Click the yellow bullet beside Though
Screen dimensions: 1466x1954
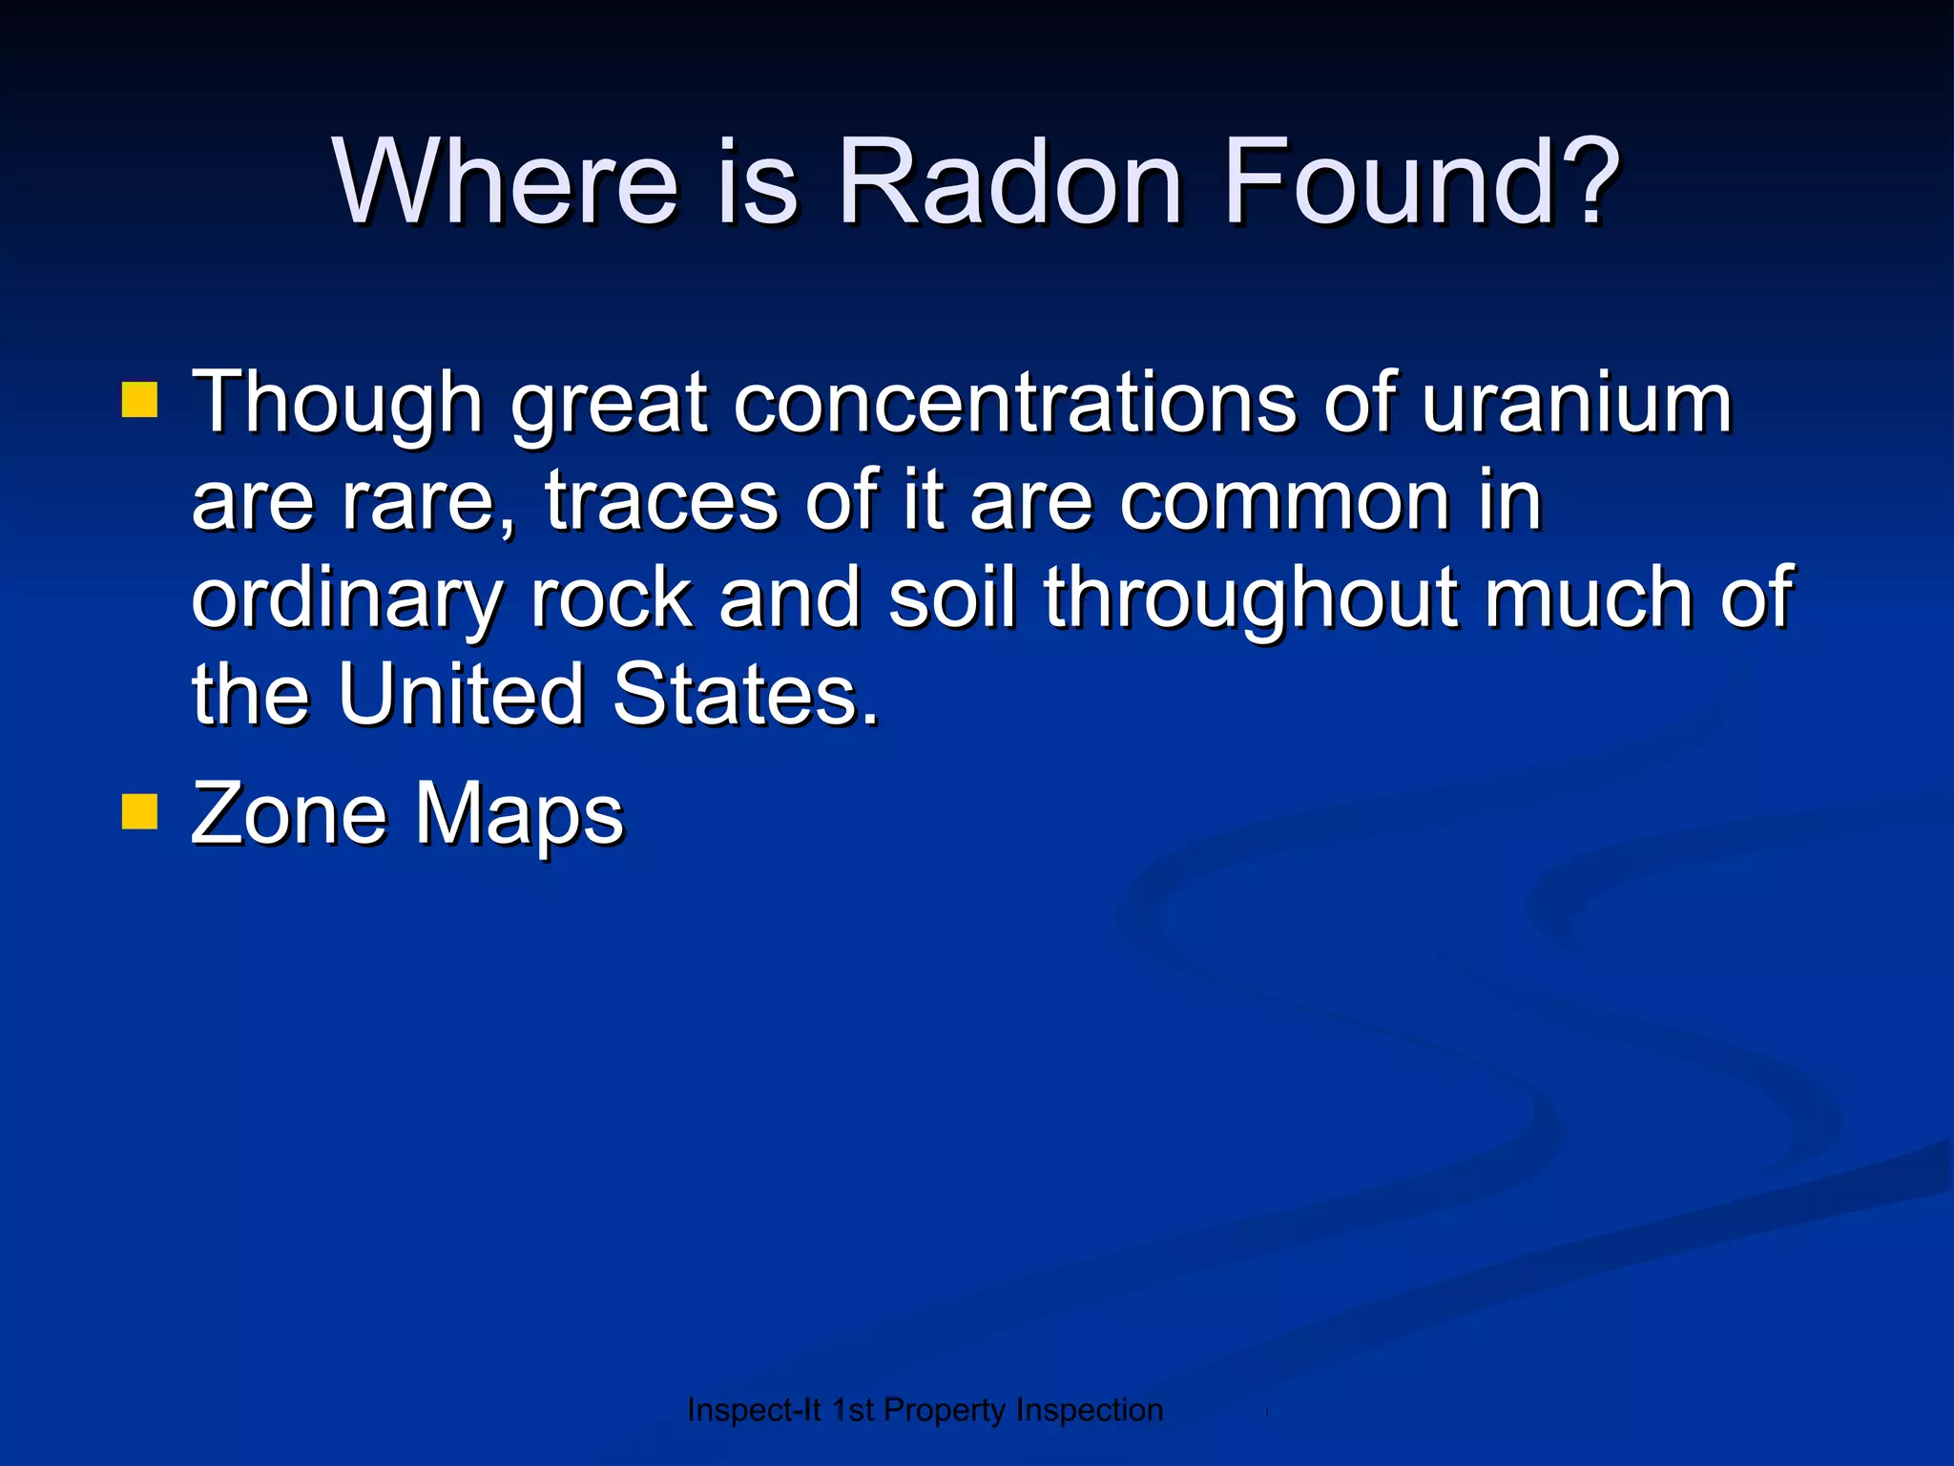click(139, 402)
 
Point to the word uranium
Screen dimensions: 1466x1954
click(1576, 403)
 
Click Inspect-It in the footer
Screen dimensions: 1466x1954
click(754, 1410)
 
